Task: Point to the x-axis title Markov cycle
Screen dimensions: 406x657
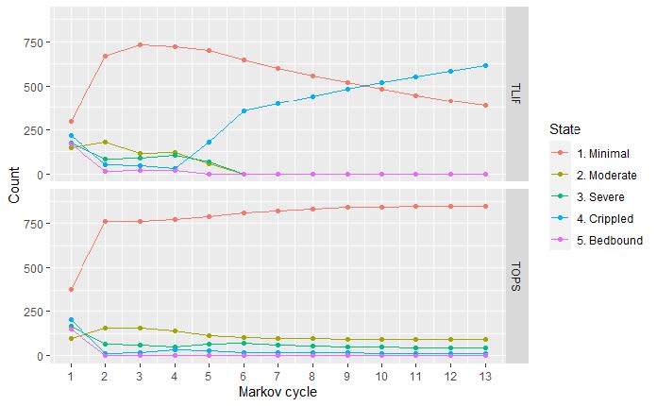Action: pos(278,392)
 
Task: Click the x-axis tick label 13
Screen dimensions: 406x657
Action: pos(485,376)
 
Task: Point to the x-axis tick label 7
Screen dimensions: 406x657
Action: pos(278,376)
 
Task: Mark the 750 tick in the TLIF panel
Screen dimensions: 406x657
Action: pos(34,42)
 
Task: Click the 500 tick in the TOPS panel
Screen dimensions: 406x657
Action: pos(34,267)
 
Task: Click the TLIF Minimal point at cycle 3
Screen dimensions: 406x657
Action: pos(140,44)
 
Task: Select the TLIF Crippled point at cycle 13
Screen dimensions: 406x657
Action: pos(485,65)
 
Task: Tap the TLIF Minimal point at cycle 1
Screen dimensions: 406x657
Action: pos(71,122)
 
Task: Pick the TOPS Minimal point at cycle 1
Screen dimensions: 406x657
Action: pos(71,289)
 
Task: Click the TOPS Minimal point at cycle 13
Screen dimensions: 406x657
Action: pos(485,206)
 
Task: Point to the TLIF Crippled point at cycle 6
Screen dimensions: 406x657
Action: pos(244,110)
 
